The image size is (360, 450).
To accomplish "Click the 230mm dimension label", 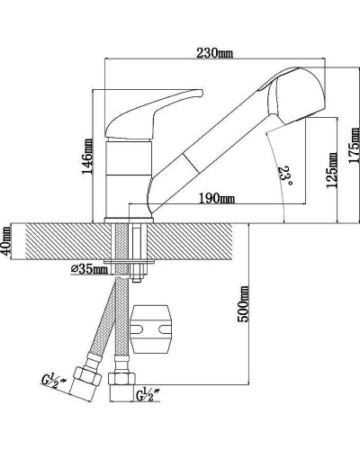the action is point(214,53).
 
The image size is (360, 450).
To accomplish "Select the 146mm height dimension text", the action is point(87,156).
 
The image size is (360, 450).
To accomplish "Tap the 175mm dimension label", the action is point(354,145).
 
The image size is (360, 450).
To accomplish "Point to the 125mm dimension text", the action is point(331,170).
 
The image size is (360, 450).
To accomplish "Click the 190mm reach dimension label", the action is point(217,198).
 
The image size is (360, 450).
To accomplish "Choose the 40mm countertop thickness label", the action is point(6,241).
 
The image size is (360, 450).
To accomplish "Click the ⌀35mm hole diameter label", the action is point(89,269).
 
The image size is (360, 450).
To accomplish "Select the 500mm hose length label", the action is point(243,304).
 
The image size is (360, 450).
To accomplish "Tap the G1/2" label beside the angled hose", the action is point(54,380).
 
